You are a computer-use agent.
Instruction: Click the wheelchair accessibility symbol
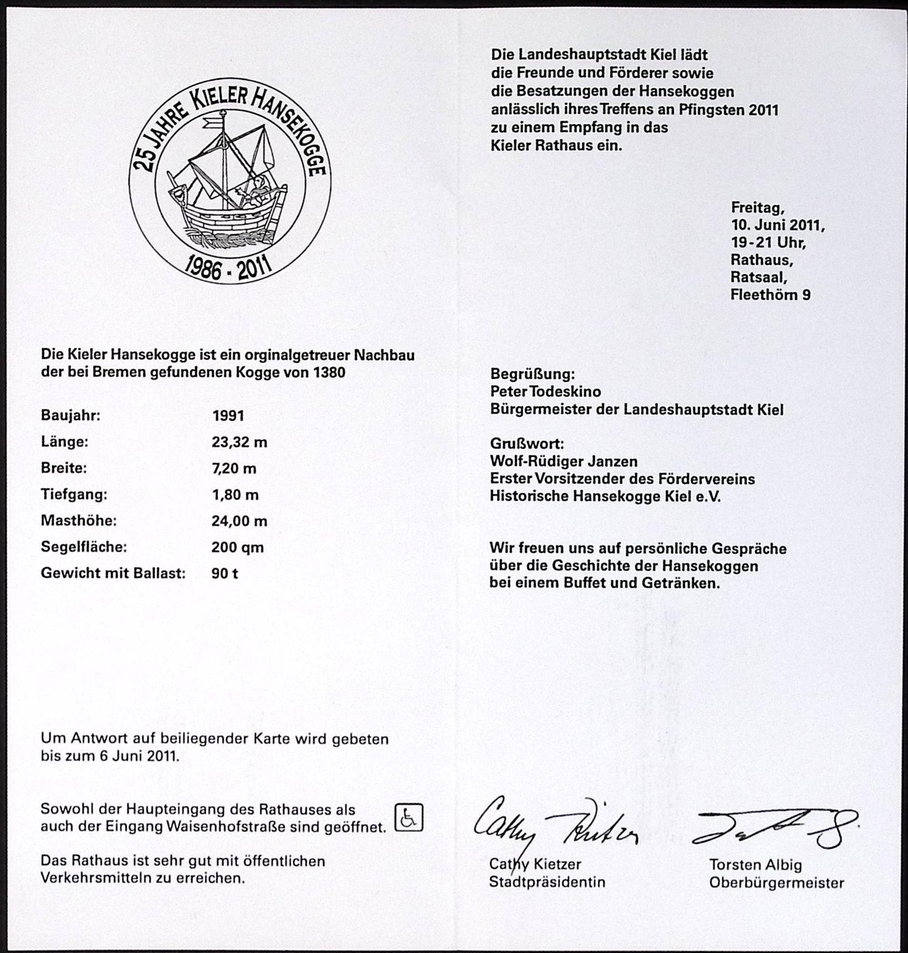point(409,818)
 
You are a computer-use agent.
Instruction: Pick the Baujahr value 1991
point(228,416)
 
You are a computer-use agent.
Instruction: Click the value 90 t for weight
point(225,573)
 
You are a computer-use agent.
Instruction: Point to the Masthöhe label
point(79,521)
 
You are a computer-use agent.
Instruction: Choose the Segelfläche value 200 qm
point(237,547)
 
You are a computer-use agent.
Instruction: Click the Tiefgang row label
point(74,494)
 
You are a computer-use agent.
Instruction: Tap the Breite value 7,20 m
point(234,469)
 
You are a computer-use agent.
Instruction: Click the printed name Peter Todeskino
point(545,392)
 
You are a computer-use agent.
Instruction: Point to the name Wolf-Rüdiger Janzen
point(564,462)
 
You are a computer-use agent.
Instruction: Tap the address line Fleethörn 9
point(770,295)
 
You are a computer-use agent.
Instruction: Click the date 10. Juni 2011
point(778,226)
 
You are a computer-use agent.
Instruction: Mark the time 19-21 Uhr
point(768,243)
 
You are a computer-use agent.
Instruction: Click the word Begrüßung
point(533,374)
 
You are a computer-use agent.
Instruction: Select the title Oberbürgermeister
point(777,883)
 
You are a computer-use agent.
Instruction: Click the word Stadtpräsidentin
point(547,882)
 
